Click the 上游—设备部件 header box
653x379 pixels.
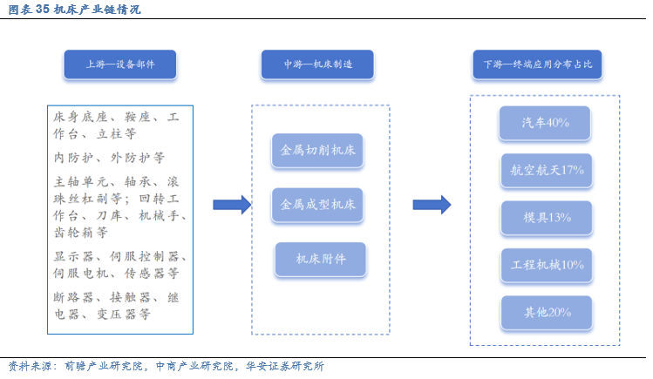(120, 64)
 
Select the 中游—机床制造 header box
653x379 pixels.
(317, 64)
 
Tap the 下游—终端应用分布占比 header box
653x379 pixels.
(537, 64)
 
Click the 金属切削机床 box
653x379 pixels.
(317, 150)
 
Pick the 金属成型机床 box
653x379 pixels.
(317, 205)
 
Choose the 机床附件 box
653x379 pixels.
(320, 259)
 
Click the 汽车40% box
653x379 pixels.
(545, 123)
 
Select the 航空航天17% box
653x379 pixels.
(547, 170)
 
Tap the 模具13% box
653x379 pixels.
(547, 218)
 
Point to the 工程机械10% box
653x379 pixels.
(547, 265)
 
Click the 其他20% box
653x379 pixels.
(547, 313)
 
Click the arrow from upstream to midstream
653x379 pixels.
(232, 205)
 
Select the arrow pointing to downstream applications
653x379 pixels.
(432, 205)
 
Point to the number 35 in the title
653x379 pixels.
(43, 10)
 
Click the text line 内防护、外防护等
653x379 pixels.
(109, 158)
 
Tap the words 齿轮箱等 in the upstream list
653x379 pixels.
(81, 232)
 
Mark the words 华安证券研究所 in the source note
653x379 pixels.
(285, 366)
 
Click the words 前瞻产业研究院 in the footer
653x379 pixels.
(103, 366)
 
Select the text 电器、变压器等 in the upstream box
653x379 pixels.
(102, 315)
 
